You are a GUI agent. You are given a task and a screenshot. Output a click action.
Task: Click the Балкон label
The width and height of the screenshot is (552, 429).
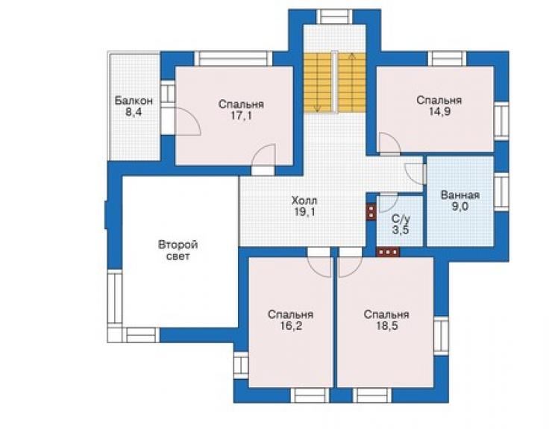click(134, 101)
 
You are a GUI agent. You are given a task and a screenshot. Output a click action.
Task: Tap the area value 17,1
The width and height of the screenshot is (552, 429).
click(241, 116)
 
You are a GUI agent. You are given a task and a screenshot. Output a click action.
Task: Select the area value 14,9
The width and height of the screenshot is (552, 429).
click(439, 112)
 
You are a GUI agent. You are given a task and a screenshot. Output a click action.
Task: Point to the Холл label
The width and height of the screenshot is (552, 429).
click(304, 201)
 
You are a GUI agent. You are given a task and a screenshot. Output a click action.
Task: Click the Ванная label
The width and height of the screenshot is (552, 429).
click(460, 195)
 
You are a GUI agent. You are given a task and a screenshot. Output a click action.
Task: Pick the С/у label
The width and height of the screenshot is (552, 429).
click(401, 219)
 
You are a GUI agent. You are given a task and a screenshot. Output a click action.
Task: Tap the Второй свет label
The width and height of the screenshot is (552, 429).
click(178, 250)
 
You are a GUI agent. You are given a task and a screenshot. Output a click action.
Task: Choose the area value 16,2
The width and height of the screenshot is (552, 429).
click(290, 326)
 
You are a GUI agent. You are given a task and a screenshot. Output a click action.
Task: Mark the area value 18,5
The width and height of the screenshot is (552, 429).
click(386, 326)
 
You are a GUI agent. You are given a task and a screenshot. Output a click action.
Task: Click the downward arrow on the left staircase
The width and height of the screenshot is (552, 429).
click(318, 83)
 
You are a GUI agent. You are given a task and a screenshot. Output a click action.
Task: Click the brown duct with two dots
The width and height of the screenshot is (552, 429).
click(371, 213)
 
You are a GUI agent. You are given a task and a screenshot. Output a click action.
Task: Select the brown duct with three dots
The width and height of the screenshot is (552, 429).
click(388, 252)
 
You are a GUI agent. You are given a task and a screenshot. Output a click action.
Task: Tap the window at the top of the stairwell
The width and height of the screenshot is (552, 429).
click(334, 17)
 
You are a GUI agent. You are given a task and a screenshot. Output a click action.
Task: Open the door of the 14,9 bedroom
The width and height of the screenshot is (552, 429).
click(389, 144)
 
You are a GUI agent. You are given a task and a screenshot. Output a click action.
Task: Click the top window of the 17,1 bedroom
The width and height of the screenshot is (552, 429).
click(233, 59)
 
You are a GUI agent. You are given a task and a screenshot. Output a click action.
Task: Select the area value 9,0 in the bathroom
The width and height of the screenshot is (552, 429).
click(460, 207)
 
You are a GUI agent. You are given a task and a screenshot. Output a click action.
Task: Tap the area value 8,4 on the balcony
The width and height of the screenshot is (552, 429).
click(134, 113)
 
